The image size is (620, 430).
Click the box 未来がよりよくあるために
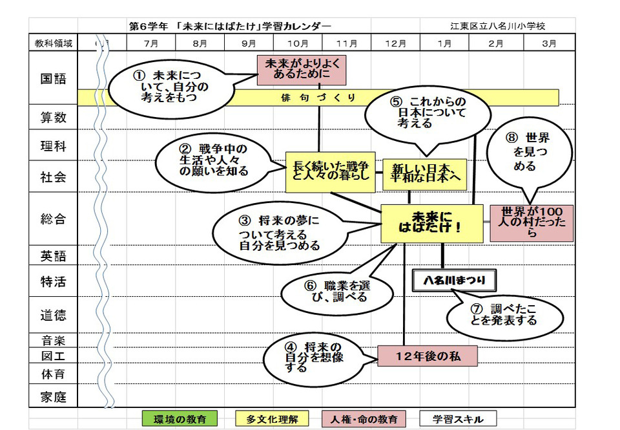tap(302, 70)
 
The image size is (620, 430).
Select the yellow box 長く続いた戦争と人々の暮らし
tap(330, 172)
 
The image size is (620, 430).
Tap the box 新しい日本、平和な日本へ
tap(425, 174)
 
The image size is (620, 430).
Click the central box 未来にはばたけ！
tap(432, 223)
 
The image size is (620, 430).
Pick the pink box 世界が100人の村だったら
tap(532, 223)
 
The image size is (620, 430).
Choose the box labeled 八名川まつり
tap(454, 281)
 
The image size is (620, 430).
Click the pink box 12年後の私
tap(428, 356)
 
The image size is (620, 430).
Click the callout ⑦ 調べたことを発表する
tap(504, 317)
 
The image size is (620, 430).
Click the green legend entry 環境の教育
tap(180, 419)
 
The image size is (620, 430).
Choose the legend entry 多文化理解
tap(272, 419)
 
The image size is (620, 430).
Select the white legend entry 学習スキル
tap(458, 419)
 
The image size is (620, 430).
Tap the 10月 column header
tap(298, 43)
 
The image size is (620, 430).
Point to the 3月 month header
tap(549, 43)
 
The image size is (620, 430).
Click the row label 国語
tap(54, 78)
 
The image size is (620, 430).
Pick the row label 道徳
tap(54, 315)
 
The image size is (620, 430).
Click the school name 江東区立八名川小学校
tap(498, 26)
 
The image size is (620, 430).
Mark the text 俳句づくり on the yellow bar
tap(318, 98)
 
